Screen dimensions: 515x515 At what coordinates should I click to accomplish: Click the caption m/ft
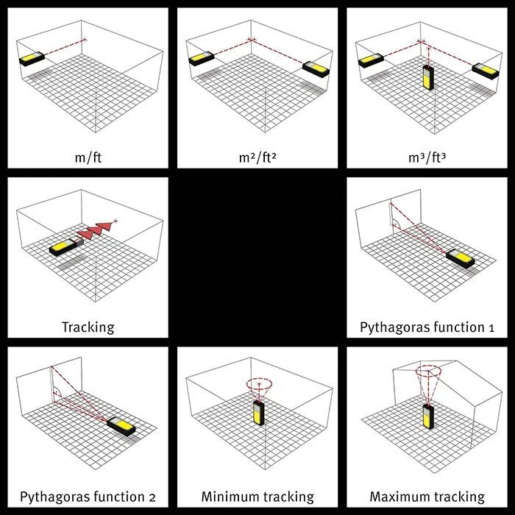point(88,158)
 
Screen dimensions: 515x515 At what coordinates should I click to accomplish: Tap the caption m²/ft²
point(257,158)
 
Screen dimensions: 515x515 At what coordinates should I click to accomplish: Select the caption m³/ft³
point(427,158)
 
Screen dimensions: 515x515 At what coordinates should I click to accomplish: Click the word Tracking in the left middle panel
point(88,327)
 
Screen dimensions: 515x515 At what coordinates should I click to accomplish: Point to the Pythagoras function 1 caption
point(427,327)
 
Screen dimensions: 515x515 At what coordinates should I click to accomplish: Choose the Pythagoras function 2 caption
point(88,497)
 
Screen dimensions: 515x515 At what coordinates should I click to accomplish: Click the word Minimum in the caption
point(230,497)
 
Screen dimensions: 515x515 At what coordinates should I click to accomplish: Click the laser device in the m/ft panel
point(32,59)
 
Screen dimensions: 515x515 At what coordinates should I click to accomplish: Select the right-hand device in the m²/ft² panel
point(316,69)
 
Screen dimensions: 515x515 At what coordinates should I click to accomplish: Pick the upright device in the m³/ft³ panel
point(428,77)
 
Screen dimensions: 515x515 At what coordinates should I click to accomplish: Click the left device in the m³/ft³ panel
point(371,60)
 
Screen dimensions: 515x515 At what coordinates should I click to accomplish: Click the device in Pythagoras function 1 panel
point(460,258)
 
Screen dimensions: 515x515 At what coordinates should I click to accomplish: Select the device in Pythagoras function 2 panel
point(121,426)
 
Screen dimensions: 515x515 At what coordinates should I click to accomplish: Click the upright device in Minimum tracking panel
point(258,413)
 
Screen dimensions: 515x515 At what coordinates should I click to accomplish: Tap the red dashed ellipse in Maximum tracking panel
point(428,371)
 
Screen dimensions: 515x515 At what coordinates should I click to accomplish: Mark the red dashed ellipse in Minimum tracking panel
point(259,383)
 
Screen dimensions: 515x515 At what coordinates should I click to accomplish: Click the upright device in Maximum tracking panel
point(428,416)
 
